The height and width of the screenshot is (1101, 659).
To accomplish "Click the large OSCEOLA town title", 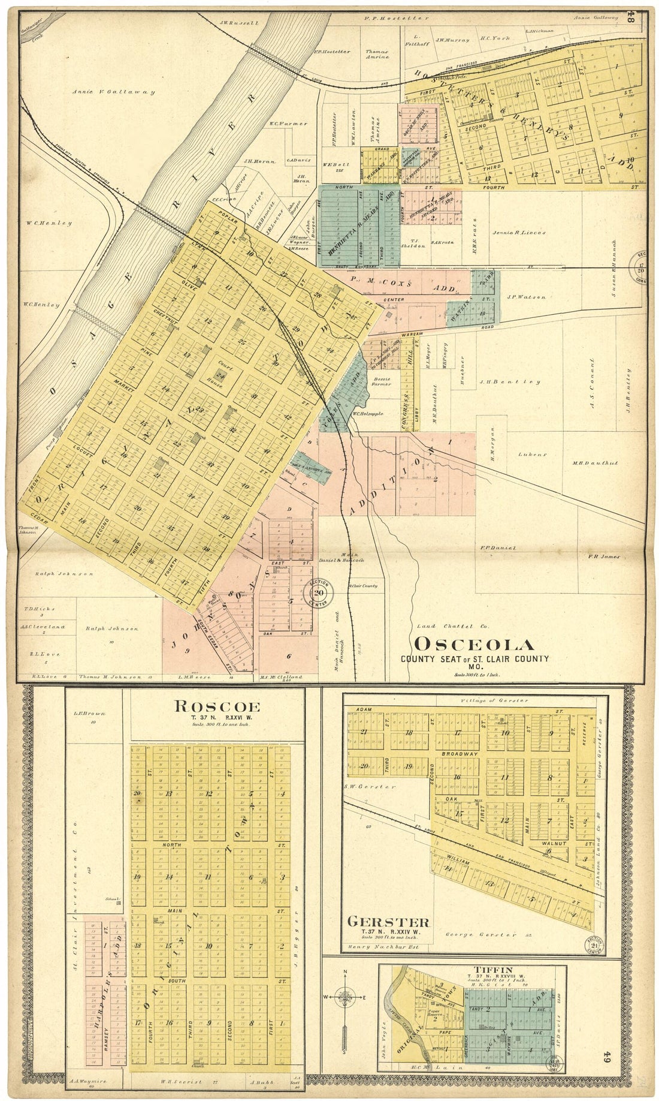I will (474, 645).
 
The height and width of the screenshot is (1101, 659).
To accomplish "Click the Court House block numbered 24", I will (220, 376).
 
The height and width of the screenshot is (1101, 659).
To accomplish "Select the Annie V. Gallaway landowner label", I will (113, 92).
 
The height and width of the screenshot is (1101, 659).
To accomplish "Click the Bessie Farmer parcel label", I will (381, 381).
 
